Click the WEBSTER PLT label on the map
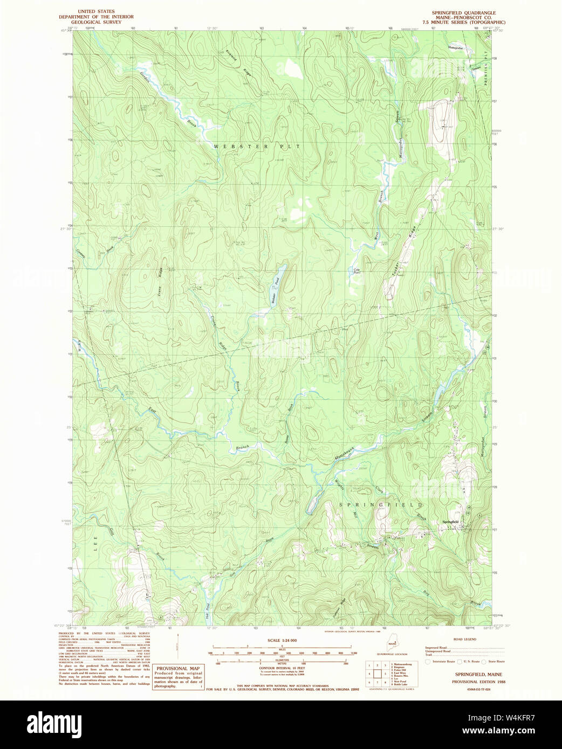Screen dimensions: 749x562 click(x=256, y=147)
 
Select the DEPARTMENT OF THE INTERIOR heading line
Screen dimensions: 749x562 click(x=96, y=17)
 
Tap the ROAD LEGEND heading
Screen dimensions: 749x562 click(x=465, y=639)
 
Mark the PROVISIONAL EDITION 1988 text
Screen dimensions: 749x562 click(x=464, y=682)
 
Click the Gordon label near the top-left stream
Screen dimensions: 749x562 click(x=145, y=80)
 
